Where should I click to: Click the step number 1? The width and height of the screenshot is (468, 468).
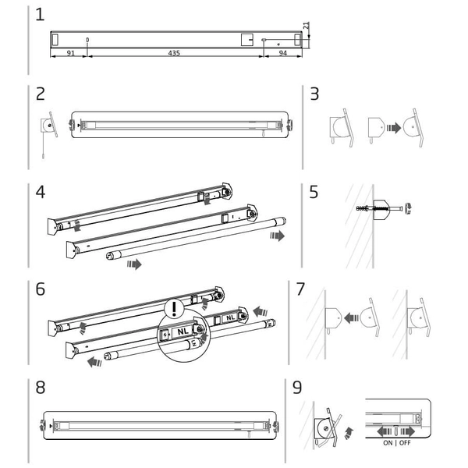coord(40,15)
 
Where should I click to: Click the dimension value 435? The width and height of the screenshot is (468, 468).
coord(174,53)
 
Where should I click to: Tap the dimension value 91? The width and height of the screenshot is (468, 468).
coord(70,53)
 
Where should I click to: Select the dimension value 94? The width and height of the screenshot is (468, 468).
coord(282,53)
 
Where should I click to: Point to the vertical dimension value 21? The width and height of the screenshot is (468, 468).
coord(307,26)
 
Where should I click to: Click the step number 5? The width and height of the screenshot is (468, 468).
coord(314,192)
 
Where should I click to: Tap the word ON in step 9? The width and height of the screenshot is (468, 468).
coord(388,443)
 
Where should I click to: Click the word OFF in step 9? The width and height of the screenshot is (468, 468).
coord(405,443)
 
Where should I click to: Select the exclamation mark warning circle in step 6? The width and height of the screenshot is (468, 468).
coord(175,307)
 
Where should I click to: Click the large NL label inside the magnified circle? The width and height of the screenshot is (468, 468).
coord(183,331)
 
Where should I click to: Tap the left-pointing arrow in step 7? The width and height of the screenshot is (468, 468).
coord(351,317)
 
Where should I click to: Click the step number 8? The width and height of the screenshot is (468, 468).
coord(41,388)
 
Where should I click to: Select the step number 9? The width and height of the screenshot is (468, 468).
coord(297,388)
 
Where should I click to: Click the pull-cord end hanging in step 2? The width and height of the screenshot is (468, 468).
coord(43,156)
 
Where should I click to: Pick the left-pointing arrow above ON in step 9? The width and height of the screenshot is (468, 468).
coord(385,431)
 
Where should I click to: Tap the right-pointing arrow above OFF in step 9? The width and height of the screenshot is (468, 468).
coord(407,431)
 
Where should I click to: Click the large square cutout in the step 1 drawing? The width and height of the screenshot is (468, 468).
coord(247,40)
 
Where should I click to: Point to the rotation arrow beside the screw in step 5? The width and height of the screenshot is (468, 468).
coord(408,208)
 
